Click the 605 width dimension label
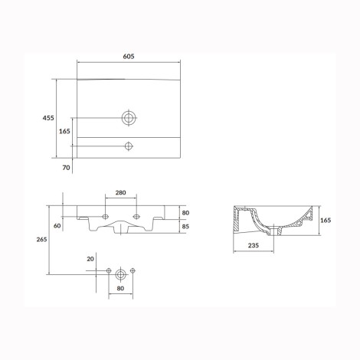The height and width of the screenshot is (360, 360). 129,57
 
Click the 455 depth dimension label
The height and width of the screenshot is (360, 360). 48,118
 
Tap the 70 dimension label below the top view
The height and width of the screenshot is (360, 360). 66,168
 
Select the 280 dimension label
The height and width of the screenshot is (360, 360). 120,192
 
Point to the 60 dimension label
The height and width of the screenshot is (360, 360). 57,226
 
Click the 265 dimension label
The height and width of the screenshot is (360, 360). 41,239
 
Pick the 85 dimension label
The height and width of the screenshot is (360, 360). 185,227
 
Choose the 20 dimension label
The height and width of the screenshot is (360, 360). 90,259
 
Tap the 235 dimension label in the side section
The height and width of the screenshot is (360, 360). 254,245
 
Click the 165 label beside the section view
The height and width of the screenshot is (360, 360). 326,220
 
